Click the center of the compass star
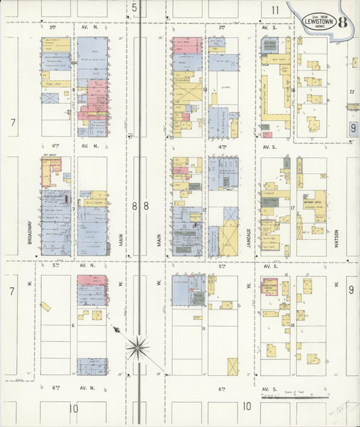click(138, 349)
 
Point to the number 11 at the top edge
click(275, 10)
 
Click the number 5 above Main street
click(135, 8)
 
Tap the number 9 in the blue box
click(353, 128)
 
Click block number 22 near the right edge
click(351, 92)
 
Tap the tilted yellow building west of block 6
click(45, 307)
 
